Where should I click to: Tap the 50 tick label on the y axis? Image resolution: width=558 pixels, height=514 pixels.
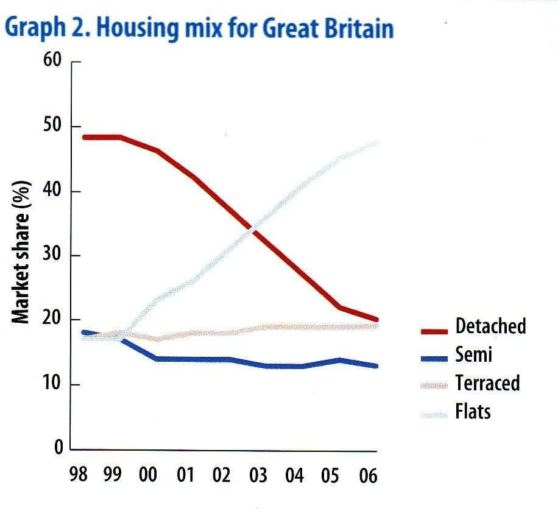[54, 127]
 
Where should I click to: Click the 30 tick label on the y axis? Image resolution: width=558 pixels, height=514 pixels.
[54, 256]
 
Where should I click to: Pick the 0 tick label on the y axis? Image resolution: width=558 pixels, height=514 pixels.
[58, 449]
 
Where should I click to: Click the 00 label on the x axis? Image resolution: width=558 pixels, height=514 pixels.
[148, 474]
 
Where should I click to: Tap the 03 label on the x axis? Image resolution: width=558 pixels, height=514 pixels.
[258, 474]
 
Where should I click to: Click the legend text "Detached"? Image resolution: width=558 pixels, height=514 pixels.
[490, 326]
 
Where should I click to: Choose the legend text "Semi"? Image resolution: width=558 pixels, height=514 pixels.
[473, 355]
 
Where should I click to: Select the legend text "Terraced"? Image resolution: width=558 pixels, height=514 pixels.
[487, 384]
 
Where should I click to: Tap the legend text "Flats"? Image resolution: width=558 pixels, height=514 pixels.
[473, 412]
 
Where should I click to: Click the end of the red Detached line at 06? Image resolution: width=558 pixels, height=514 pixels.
[376, 319]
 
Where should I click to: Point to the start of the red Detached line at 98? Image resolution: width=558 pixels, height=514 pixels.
[85, 137]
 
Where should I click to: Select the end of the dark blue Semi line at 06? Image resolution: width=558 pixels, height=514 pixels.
[376, 366]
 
